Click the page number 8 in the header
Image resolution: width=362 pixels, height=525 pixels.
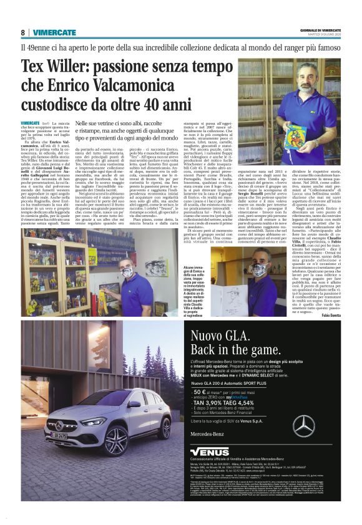pos(23,32)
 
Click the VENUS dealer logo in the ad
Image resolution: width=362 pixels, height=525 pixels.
pos(210,451)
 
